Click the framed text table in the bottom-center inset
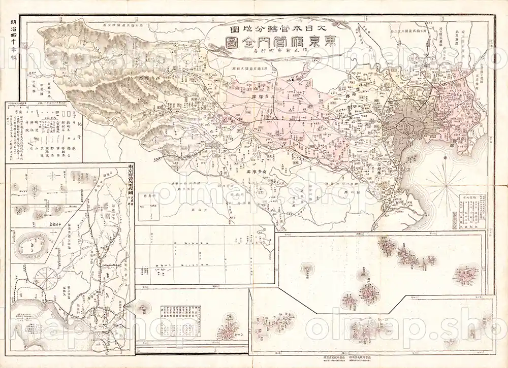180,320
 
